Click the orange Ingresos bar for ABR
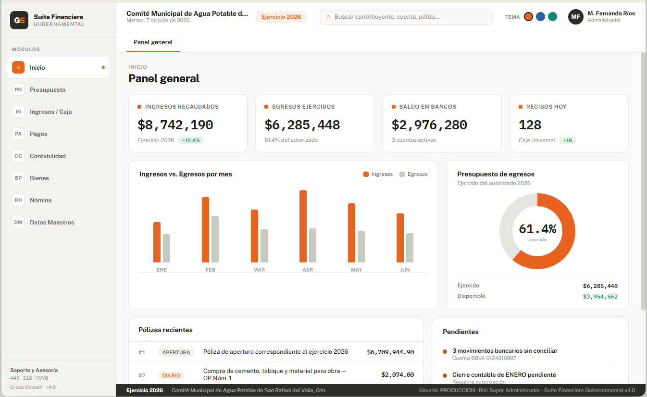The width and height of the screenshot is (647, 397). pos(303,226)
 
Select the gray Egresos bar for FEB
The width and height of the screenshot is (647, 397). pos(215,239)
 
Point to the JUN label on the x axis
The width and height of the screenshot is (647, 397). pos(405,270)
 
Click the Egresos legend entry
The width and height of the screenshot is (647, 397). pos(413,174)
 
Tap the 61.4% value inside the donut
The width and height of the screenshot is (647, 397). pos(537,229)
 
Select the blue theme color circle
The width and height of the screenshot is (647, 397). pos(540,17)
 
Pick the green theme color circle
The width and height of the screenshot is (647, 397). pos(553,17)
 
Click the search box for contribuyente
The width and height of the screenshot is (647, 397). pos(406,17)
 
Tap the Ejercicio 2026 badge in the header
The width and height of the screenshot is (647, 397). pos(281,17)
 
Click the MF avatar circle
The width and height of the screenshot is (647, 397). pos(576,17)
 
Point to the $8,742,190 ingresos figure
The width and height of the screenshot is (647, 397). pos(175,125)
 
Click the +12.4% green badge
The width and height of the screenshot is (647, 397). pos(191,140)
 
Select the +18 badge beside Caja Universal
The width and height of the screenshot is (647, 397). pos(568,140)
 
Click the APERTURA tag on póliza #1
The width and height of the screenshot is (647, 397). pos(176,352)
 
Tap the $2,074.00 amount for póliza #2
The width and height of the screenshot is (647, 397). pos(398,375)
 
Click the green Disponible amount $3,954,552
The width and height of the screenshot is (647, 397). pos(600,297)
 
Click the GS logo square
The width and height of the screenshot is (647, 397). pos(19,20)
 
